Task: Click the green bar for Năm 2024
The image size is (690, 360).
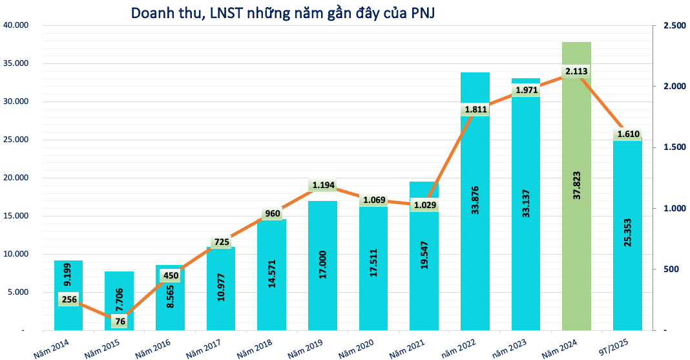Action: pos(576,186)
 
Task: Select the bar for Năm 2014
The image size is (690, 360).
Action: pos(68,295)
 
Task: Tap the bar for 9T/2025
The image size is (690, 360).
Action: pos(627,234)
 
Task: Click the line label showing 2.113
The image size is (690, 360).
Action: pos(576,71)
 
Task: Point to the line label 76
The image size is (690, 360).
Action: pos(120,321)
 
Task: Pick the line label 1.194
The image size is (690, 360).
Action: pos(324,185)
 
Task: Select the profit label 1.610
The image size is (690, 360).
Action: pos(629,134)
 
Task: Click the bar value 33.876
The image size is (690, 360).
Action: pos(476,200)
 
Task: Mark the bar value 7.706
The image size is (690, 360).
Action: pos(120,300)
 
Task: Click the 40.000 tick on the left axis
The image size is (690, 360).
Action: pos(16,25)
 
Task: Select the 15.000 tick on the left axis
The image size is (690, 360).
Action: pos(16,216)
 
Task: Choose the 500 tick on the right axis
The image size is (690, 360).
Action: pos(672,270)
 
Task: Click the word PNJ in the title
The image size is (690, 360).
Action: pos(423,13)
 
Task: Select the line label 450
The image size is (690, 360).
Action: pos(171,276)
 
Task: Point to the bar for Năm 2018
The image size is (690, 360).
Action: pos(271,275)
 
